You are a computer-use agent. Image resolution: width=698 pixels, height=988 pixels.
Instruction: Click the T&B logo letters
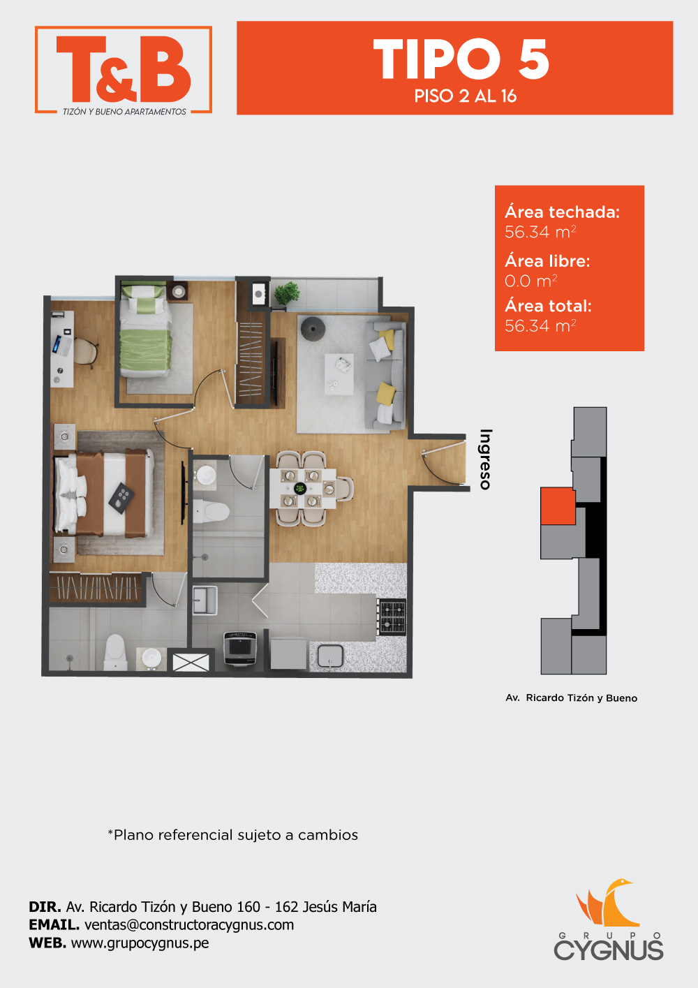124,68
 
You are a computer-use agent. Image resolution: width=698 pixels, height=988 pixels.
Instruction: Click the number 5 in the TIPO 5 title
533,59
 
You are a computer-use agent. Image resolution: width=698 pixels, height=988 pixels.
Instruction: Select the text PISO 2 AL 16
465,96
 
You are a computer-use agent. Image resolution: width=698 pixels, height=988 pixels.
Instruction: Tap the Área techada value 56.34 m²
540,232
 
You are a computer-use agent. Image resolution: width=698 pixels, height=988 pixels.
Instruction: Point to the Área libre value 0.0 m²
531,281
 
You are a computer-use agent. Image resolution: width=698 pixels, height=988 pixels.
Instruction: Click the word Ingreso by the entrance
486,459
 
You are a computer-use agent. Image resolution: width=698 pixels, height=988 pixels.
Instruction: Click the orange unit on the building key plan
558,506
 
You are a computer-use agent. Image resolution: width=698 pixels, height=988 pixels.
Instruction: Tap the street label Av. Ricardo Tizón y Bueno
572,698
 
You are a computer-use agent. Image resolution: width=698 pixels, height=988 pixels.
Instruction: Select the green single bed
146,331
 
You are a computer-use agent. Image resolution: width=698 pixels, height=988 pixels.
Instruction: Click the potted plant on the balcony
287,293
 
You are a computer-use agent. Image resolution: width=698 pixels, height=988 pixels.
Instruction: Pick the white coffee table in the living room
339,374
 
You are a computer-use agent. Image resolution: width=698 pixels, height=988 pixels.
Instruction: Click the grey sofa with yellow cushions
385,375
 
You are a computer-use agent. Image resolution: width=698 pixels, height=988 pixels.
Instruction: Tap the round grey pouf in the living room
313,327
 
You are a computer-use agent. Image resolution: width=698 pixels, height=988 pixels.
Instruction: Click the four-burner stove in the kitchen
392,617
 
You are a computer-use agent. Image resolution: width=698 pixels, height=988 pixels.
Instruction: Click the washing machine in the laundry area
240,648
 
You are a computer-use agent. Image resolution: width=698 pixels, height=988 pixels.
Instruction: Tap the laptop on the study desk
61,346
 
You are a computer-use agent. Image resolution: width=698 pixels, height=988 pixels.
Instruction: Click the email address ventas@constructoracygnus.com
189,925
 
